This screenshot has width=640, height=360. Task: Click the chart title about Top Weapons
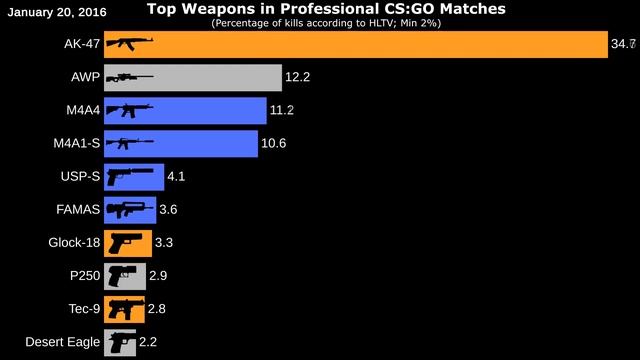326,9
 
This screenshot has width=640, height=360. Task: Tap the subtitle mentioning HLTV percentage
326,22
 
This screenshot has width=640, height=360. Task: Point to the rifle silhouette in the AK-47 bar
129,45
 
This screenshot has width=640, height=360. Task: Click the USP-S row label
79,177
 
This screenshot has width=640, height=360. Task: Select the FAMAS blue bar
130,210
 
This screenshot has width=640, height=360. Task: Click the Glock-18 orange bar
128,243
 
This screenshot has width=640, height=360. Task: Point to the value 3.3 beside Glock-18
166,243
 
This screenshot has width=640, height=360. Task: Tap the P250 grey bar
125,276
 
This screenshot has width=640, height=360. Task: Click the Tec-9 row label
82,309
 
